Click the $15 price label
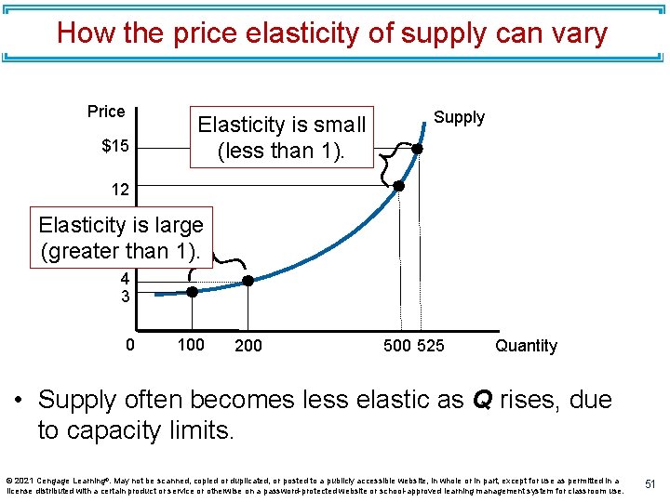[x=115, y=147]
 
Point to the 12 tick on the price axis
[x=120, y=189]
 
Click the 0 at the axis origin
[x=130, y=346]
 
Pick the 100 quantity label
[x=191, y=346]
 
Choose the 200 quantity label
[x=248, y=346]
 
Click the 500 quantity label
[x=397, y=346]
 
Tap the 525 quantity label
[x=430, y=346]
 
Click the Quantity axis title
[x=526, y=346]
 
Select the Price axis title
[x=106, y=112]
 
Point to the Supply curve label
[x=459, y=117]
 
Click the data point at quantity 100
[x=192, y=291]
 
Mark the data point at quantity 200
[x=248, y=280]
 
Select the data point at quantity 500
[x=398, y=185]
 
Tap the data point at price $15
[x=418, y=148]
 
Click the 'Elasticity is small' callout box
[x=281, y=137]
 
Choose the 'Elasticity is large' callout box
[x=121, y=238]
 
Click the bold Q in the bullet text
[x=483, y=400]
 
